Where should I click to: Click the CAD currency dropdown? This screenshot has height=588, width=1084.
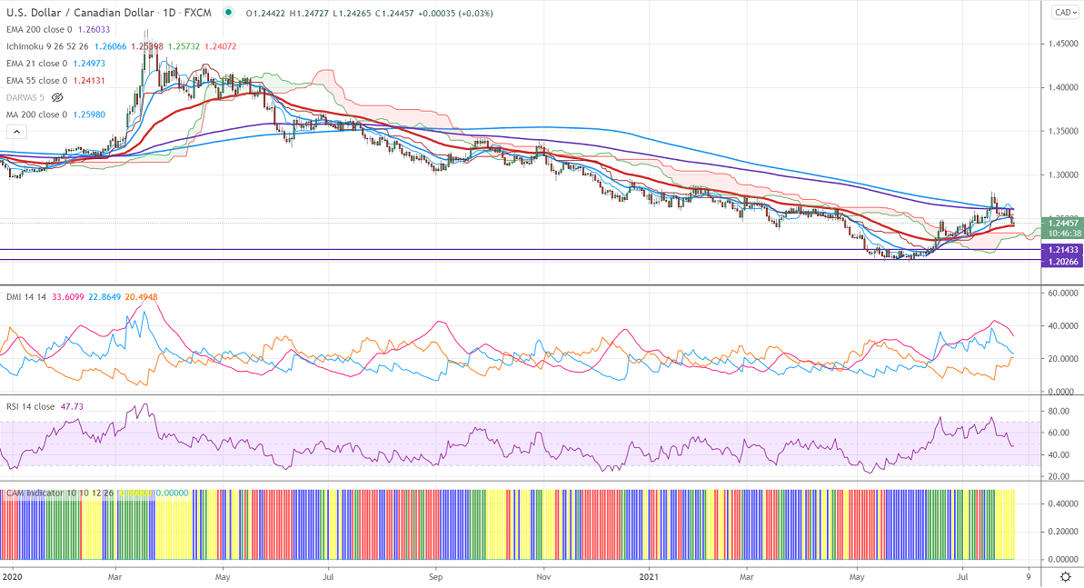tap(1064, 12)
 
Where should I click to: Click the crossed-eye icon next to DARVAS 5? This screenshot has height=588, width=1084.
tap(57, 97)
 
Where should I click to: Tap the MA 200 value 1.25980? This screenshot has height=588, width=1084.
tap(91, 115)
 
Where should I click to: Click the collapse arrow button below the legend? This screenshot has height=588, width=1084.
tap(13, 133)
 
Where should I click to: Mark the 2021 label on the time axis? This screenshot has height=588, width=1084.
tap(649, 576)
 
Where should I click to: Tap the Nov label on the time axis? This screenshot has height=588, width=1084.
tap(542, 576)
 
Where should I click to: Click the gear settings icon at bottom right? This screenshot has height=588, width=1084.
tap(1065, 577)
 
